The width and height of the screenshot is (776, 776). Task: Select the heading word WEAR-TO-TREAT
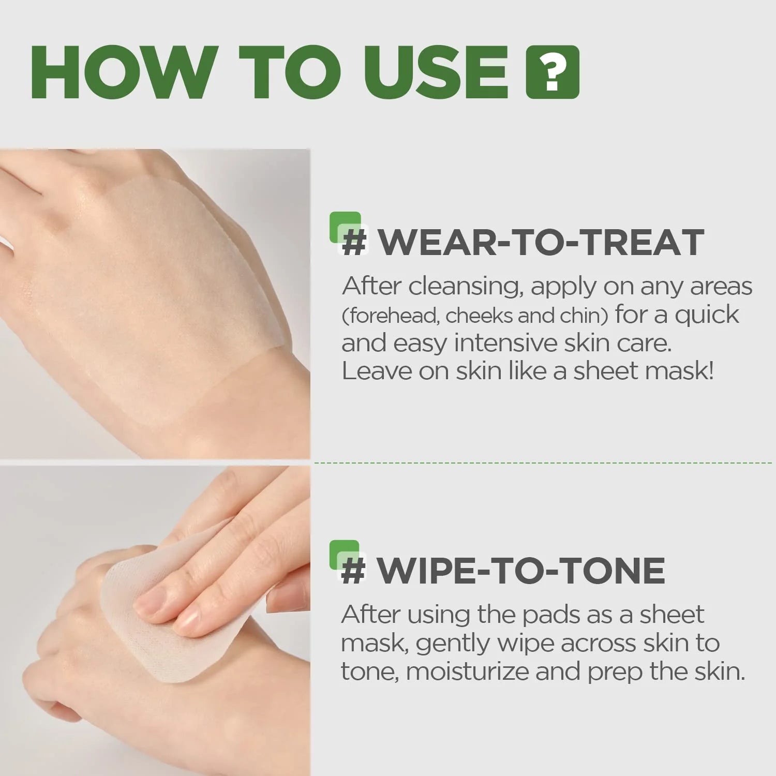[x=541, y=242]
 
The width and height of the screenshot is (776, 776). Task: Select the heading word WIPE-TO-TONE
[x=520, y=571]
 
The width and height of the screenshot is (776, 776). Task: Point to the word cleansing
[x=464, y=287]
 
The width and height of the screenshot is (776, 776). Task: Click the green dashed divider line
[x=543, y=463]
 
